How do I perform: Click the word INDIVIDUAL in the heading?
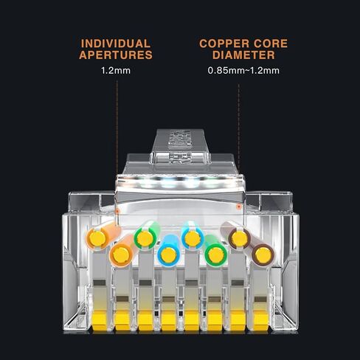point(116,44)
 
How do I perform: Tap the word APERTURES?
point(116,55)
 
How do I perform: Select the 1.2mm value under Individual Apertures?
point(116,71)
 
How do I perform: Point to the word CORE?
point(269,44)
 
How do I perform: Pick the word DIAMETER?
point(243,55)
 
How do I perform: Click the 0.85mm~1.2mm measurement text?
point(243,71)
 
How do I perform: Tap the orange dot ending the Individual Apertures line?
point(117,211)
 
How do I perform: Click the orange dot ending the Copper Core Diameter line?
point(238,207)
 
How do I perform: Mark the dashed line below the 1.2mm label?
point(117,145)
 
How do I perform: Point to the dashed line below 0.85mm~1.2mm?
point(238,145)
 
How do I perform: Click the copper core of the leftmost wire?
point(97,238)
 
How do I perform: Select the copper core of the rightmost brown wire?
point(263,255)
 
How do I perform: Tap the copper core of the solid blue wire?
point(168,255)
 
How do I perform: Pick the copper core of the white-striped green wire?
point(145,238)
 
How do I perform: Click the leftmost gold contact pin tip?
point(100,320)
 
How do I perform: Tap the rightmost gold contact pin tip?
point(260,320)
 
